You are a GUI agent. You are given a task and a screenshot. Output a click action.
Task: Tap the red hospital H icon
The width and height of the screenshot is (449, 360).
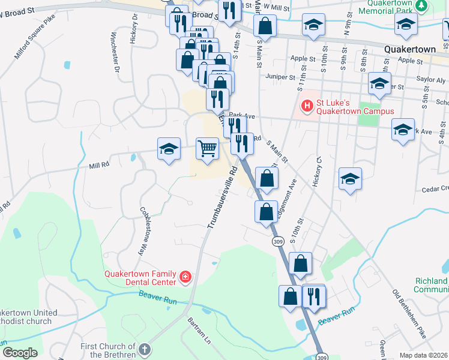pos(307,106)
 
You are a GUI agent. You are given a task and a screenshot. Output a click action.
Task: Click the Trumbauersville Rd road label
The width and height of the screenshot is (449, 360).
pos(220,197)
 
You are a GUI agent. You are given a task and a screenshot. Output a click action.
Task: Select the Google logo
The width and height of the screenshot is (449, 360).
pos(20,352)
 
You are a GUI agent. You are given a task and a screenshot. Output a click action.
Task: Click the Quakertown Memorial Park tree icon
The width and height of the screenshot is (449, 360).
pos(421,5)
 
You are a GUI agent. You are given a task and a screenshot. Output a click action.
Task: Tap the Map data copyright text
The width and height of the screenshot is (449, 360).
pos(424,355)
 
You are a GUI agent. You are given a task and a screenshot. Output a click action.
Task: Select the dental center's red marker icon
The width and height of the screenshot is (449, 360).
pos(185,277)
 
